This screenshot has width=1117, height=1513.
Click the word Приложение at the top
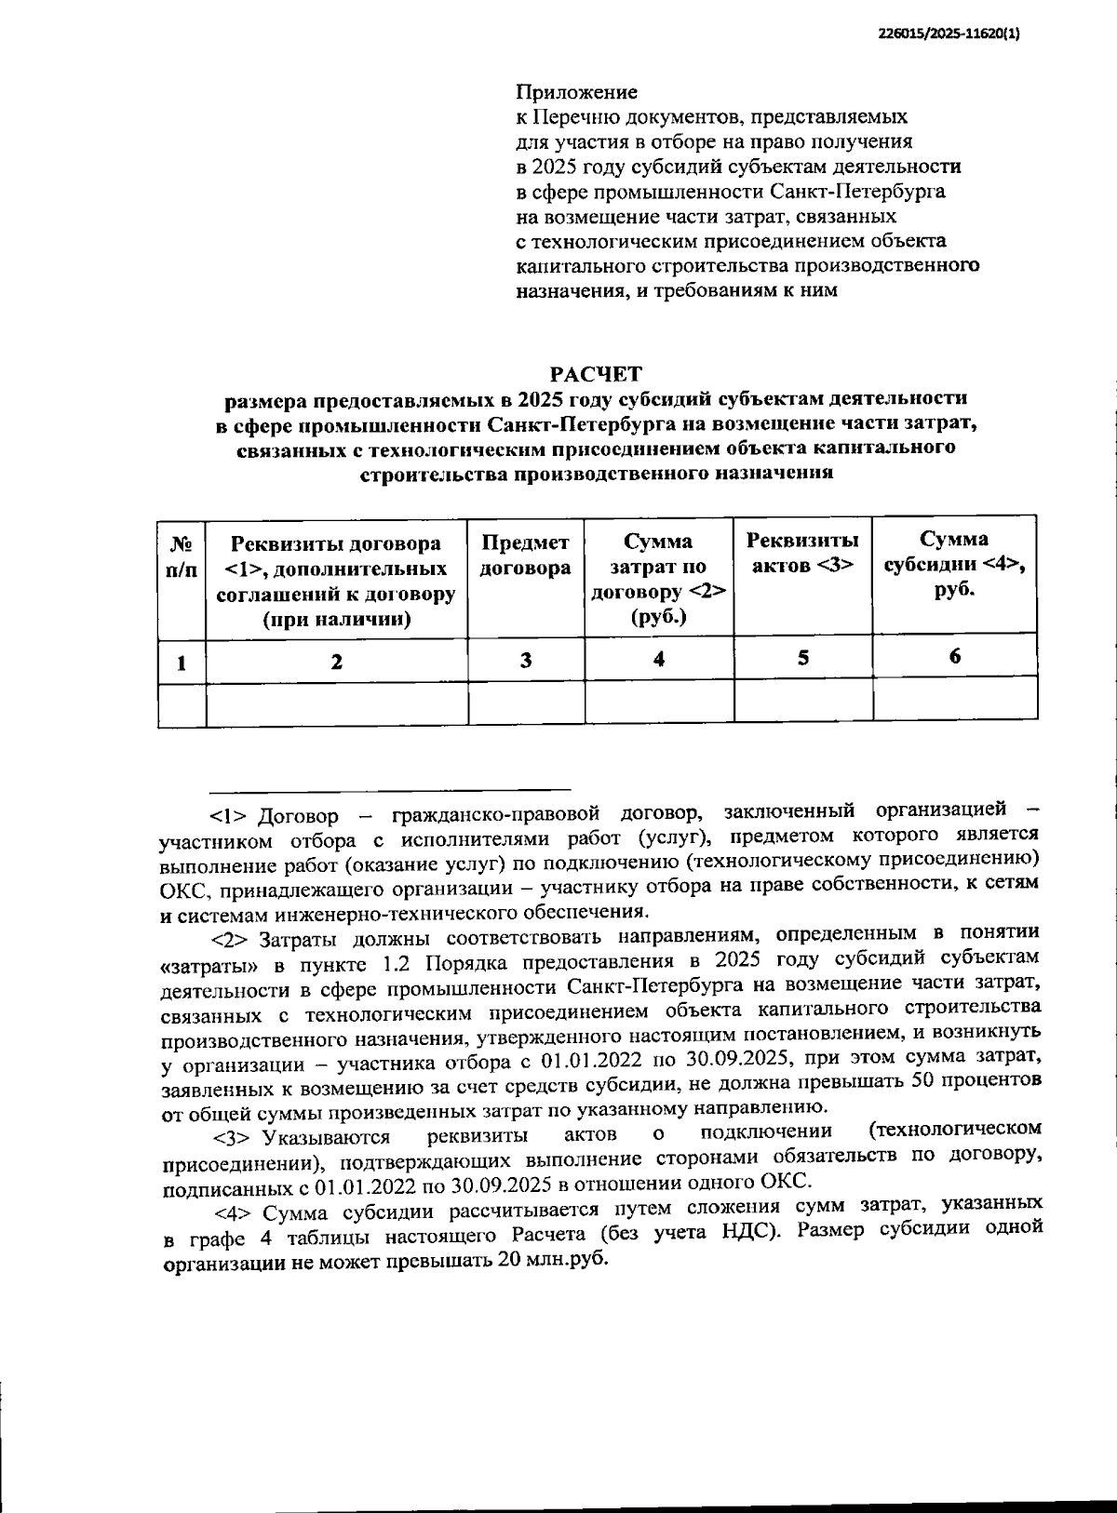point(577,92)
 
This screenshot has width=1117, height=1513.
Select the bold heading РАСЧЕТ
point(596,374)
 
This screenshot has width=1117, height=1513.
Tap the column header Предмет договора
point(526,556)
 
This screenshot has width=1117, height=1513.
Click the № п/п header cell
point(182,556)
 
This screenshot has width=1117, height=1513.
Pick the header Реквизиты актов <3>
point(803,553)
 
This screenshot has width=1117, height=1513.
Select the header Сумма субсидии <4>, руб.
point(955,564)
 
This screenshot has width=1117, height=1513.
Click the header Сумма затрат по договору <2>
point(659,579)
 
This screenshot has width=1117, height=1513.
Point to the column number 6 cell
point(955,656)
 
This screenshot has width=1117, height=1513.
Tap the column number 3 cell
point(526,660)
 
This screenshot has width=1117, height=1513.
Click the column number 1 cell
point(182,662)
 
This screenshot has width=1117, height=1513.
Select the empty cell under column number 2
point(336,703)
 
